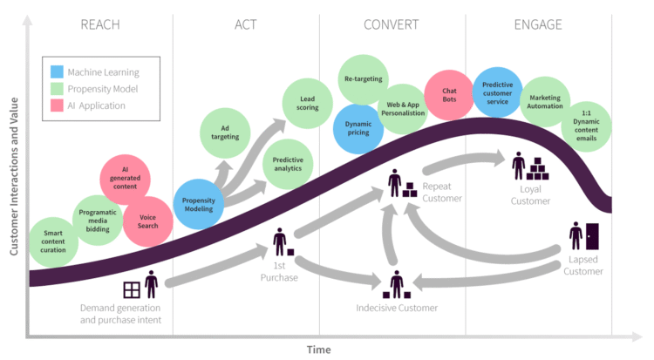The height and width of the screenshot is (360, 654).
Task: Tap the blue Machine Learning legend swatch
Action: pos(58,72)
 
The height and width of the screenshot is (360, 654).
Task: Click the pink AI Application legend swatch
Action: pos(58,105)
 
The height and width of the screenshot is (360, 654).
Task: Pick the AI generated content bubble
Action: pos(126,180)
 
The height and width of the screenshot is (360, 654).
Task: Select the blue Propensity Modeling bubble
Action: pos(199,204)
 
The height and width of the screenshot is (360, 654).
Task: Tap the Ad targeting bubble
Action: pos(225,132)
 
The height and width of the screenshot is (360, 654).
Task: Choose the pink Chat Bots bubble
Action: pos(449,94)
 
